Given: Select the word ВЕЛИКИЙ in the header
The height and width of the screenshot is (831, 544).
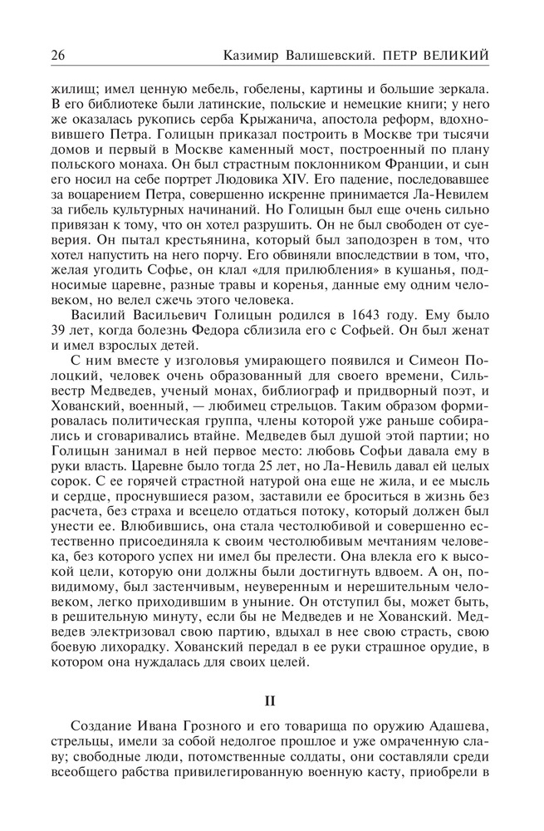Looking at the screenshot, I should pos(456,55).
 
